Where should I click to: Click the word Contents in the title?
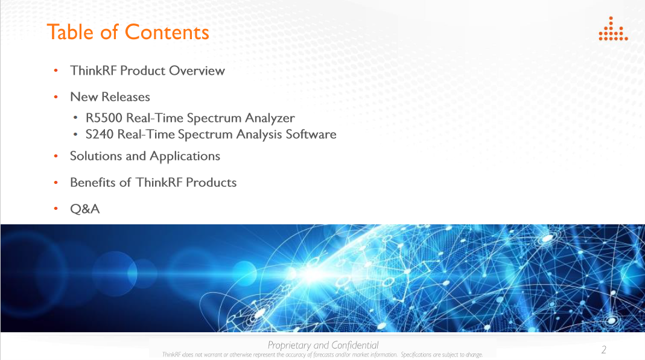167,32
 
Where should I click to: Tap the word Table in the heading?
71,32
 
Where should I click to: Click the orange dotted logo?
613,29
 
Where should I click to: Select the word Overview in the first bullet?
197,71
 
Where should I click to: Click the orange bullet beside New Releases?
56,97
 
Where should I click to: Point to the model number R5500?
104,118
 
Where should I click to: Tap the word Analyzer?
270,118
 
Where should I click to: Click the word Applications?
185,157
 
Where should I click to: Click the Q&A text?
84,209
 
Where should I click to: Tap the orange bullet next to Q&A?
56,209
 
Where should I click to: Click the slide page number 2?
603,350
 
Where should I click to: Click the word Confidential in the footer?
355,345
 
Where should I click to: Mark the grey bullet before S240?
75,134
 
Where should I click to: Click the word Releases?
126,97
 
